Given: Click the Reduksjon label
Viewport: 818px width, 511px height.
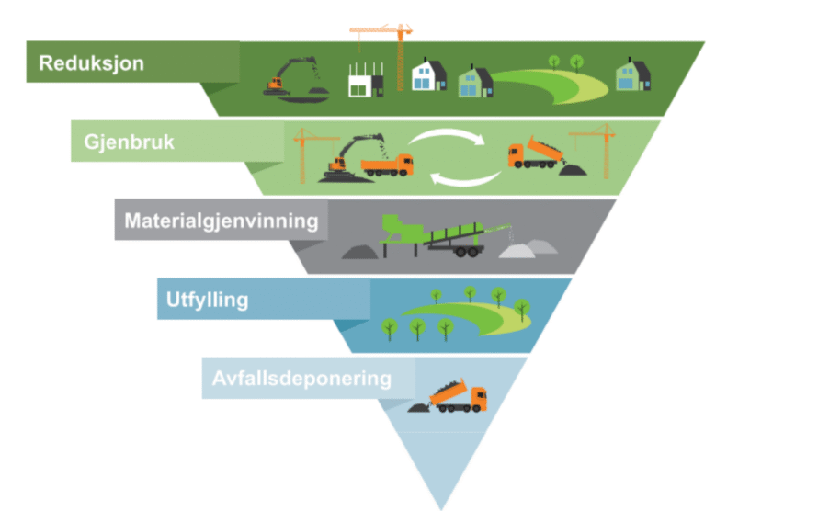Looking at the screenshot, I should [92, 64].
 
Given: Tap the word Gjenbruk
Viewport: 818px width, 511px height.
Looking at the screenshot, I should [130, 143].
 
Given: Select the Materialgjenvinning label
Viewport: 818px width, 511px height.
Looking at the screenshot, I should [222, 221].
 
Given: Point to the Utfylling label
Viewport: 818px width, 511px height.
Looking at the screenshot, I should [208, 300].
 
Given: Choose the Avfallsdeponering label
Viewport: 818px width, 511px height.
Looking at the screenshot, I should [301, 379].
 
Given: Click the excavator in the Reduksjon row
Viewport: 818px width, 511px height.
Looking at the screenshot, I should [292, 79].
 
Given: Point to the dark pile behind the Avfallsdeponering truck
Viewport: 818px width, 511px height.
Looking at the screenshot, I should [418, 405].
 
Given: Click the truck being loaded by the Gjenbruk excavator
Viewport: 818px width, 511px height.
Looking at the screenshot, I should [387, 165].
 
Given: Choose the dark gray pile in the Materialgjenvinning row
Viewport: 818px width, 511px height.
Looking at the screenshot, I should [360, 250].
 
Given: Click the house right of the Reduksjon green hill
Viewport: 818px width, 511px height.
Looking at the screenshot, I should [632, 75].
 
